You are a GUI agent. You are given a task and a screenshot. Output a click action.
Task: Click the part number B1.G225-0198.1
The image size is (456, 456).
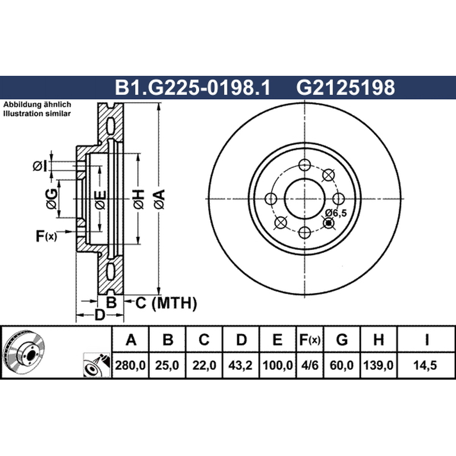193,87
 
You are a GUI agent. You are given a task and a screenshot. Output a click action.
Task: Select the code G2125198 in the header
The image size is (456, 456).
345,87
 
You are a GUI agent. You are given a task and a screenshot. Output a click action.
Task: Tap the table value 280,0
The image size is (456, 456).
131,365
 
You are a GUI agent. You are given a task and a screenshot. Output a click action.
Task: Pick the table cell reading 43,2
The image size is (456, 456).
241,365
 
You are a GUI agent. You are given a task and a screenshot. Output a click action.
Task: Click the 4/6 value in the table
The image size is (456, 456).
310,365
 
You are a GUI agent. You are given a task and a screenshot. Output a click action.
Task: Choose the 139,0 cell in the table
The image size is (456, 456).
378,365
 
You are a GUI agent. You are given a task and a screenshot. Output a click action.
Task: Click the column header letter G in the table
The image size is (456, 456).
341,340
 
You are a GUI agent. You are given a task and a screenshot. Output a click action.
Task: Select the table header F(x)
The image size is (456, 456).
310,340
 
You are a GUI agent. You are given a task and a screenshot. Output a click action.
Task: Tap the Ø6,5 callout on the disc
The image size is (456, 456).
336,213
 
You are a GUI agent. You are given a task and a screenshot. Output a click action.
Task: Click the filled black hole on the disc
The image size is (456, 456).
329,223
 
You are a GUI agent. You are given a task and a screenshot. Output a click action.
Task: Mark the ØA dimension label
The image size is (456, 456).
160,199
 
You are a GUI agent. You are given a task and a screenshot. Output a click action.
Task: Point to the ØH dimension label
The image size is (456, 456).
139,199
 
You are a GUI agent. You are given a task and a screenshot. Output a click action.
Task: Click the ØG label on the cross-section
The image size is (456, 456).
51,199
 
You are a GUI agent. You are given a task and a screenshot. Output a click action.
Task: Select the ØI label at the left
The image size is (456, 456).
39,166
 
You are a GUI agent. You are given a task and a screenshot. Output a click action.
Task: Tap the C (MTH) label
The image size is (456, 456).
166,303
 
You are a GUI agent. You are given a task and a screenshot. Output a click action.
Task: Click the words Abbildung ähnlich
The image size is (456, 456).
37,105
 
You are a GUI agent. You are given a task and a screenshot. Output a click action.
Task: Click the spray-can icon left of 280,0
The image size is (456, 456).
97,365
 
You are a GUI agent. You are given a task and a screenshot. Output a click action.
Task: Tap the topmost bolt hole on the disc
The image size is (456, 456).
304,165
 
